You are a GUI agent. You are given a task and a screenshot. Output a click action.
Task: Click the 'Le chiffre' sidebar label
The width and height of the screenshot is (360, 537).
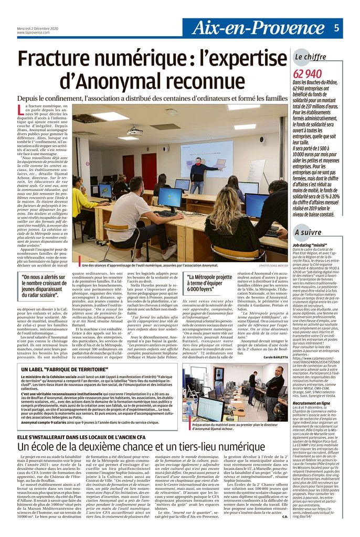311,57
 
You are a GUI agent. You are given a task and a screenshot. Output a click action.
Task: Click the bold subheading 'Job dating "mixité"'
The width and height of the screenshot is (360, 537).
311,245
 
